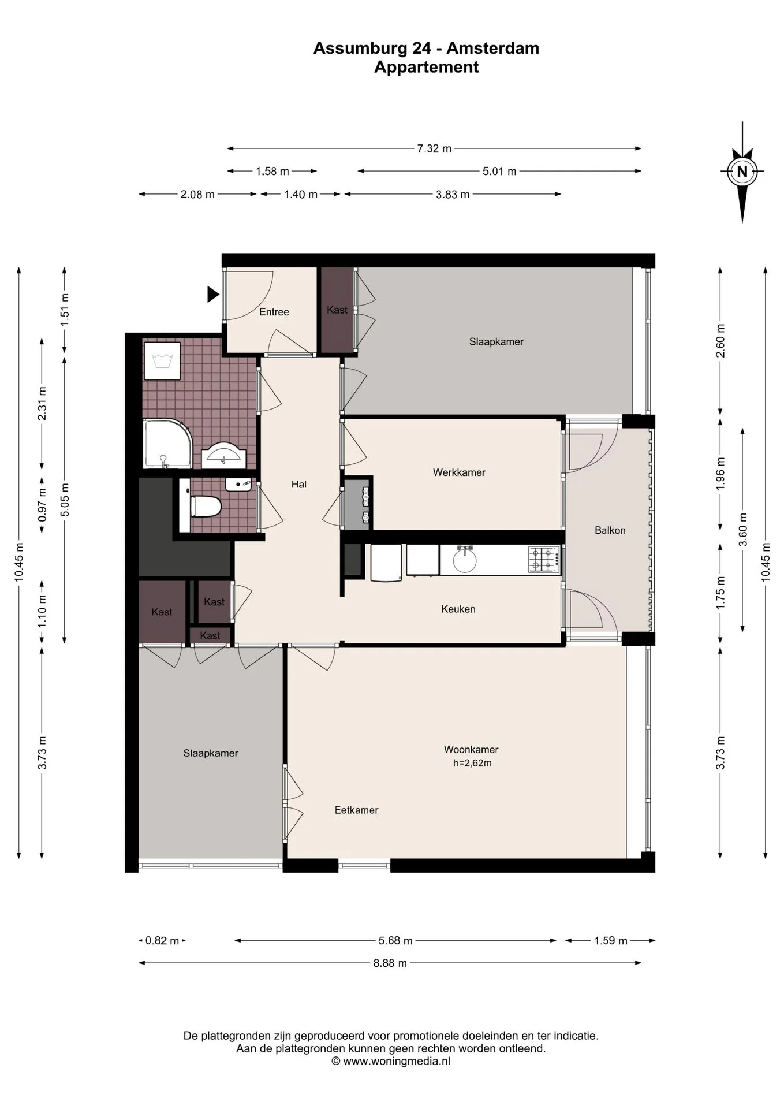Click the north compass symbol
pyautogui.click(x=742, y=172)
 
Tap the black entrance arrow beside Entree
pyautogui.click(x=213, y=295)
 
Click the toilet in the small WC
pyautogui.click(x=204, y=507)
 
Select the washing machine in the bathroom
pyautogui.click(x=162, y=361)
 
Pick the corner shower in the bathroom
pyautogui.click(x=167, y=444)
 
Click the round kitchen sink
pyautogui.click(x=465, y=560)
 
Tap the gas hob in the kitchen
pyautogui.click(x=543, y=559)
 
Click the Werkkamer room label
pyautogui.click(x=459, y=472)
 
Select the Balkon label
pyautogui.click(x=610, y=530)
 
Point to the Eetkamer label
pyautogui.click(x=357, y=810)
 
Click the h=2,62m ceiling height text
pyautogui.click(x=472, y=763)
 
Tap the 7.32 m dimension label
pyautogui.click(x=434, y=148)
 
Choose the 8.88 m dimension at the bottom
pyautogui.click(x=390, y=963)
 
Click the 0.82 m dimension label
pyautogui.click(x=162, y=940)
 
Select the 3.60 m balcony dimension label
pyautogui.click(x=743, y=530)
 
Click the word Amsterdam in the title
pyautogui.click(x=493, y=48)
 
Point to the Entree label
pyautogui.click(x=274, y=312)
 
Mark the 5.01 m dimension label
pyautogui.click(x=499, y=171)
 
